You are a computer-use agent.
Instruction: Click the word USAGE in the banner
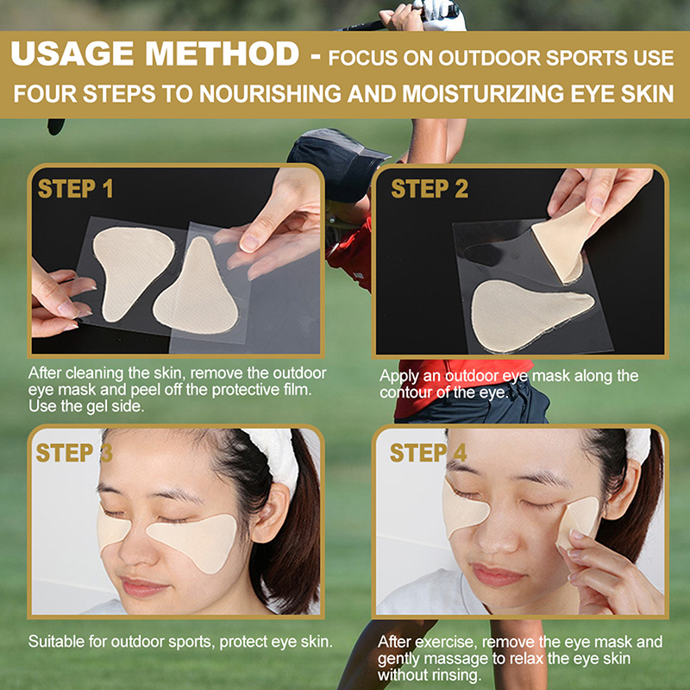72,53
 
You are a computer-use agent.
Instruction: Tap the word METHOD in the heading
223,53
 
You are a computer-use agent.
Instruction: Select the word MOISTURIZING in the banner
482,93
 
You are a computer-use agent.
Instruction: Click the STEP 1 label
75,189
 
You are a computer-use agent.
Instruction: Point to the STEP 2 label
430,189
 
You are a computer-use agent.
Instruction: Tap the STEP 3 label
74,452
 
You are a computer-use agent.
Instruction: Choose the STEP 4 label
428,452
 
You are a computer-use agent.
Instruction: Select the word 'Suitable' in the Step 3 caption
56,642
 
